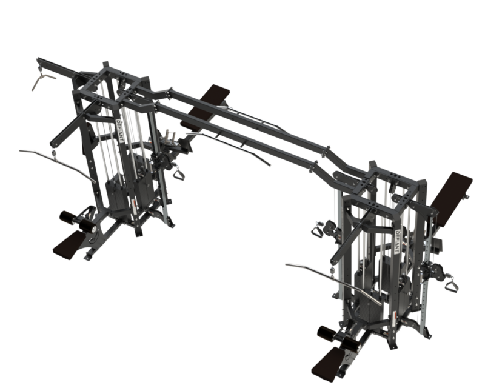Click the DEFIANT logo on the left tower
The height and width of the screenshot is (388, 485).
point(119,130)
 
